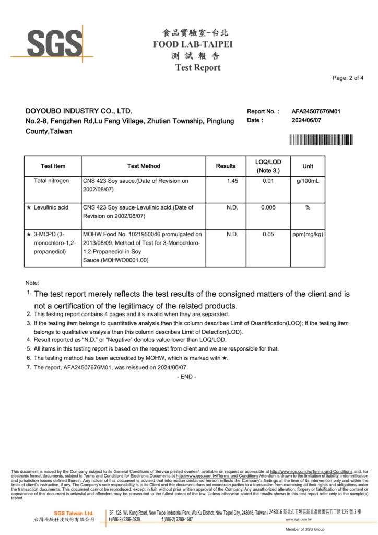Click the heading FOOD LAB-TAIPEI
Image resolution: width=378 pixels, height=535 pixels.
click(x=193, y=44)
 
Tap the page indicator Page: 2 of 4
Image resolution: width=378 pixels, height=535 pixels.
click(x=348, y=78)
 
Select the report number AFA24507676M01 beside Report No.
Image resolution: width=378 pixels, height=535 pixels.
click(x=316, y=111)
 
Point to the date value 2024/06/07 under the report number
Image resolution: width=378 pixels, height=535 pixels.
click(x=308, y=120)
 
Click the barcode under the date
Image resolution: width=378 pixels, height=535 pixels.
click(x=321, y=139)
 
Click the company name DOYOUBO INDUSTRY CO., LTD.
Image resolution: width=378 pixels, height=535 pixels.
click(x=79, y=111)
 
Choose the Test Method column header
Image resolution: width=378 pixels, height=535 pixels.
click(x=144, y=166)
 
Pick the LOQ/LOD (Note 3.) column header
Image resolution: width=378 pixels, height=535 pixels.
click(x=268, y=166)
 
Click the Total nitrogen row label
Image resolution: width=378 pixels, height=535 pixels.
click(x=51, y=181)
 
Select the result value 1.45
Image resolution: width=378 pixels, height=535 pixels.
click(x=232, y=181)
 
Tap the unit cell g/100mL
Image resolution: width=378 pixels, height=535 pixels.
click(x=308, y=181)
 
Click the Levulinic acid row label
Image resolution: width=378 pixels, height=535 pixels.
click(x=51, y=207)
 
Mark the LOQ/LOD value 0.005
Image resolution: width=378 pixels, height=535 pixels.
click(x=268, y=207)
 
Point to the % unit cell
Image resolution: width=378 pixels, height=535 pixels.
click(x=308, y=207)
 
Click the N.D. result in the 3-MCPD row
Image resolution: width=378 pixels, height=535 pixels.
click(x=232, y=234)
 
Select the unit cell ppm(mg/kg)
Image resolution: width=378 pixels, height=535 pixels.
click(x=308, y=234)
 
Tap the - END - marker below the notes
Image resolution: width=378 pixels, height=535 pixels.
click(x=186, y=377)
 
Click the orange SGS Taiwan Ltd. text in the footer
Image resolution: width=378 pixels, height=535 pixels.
click(x=74, y=513)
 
